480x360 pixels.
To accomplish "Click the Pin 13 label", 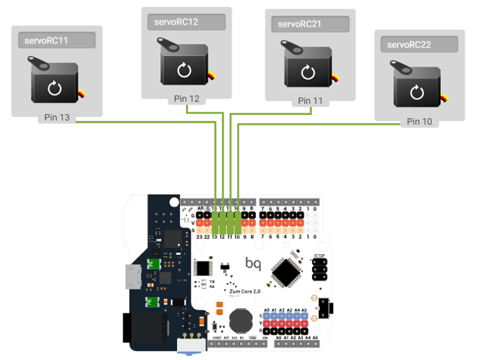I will pos(57,118).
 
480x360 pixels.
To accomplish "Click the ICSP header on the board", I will pos(319,266).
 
